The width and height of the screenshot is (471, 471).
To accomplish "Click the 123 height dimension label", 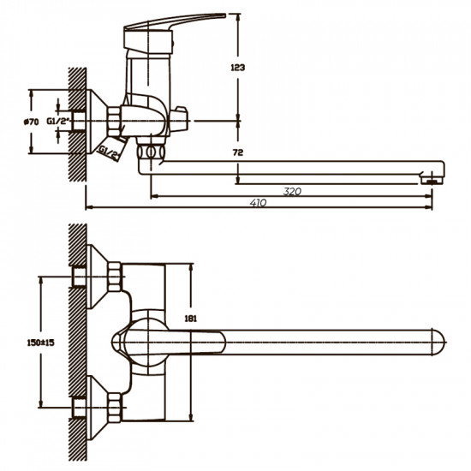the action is [x=237, y=68].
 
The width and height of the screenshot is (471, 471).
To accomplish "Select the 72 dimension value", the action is [x=237, y=152].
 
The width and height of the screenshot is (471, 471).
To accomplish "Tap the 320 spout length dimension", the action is [x=292, y=191].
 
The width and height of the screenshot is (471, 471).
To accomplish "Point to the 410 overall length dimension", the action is [x=258, y=203].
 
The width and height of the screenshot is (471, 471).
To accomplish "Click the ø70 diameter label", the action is [x=31, y=122].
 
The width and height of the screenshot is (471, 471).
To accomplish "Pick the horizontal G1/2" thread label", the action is [x=58, y=121].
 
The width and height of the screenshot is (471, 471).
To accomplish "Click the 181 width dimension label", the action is [x=190, y=319].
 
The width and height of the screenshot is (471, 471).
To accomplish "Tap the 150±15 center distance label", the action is [x=41, y=343].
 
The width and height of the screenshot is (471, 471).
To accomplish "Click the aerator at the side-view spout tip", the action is [x=432, y=181].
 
